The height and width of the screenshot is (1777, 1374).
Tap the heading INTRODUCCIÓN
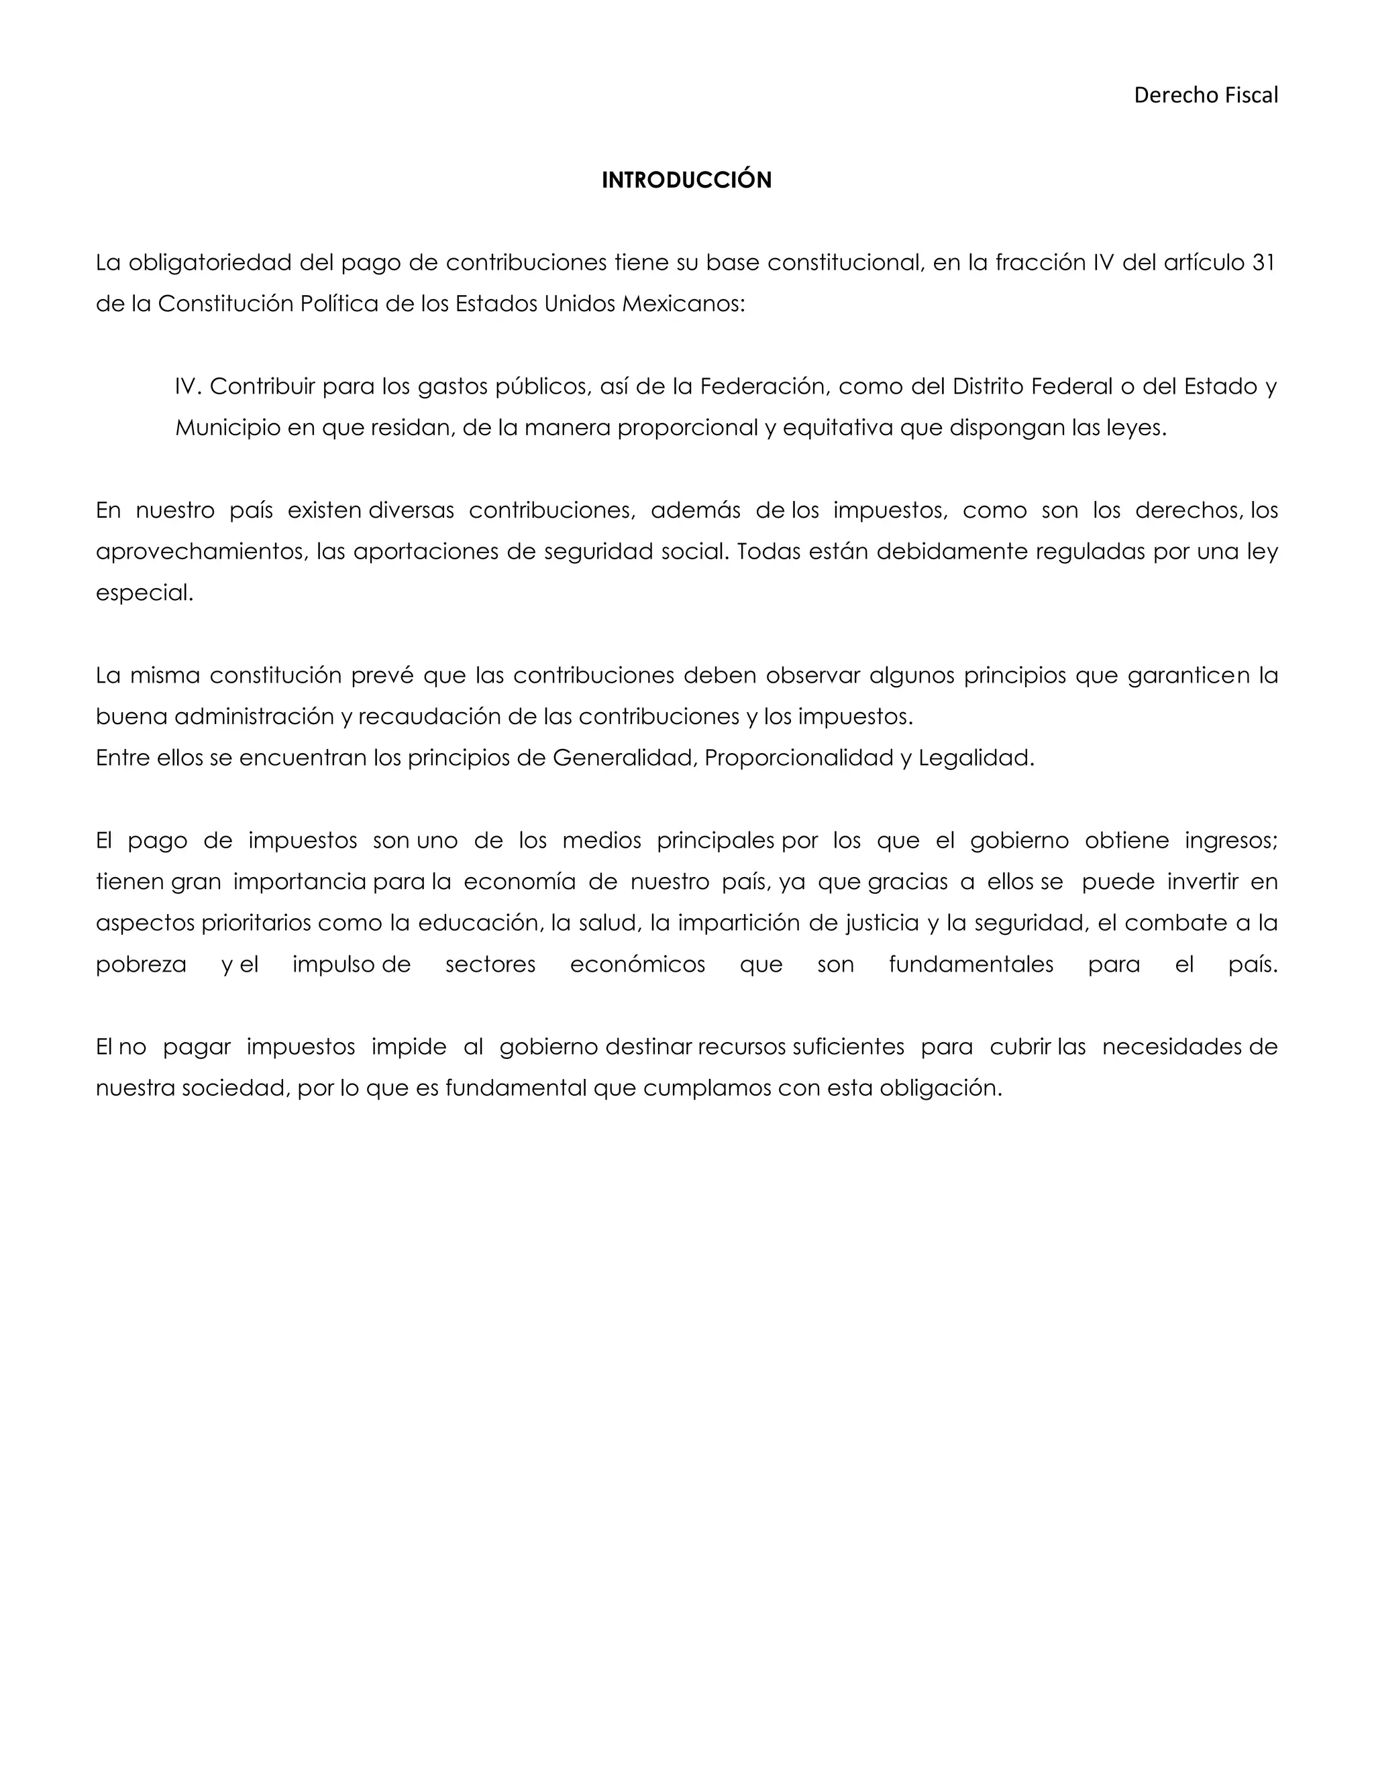pyautogui.click(x=686, y=180)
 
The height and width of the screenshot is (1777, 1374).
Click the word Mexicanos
pyautogui.click(x=682, y=304)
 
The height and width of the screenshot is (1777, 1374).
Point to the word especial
pyautogui.click(x=144, y=593)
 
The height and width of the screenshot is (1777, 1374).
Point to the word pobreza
pyautogui.click(x=141, y=965)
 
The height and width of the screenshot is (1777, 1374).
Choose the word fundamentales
pyautogui.click(x=970, y=965)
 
